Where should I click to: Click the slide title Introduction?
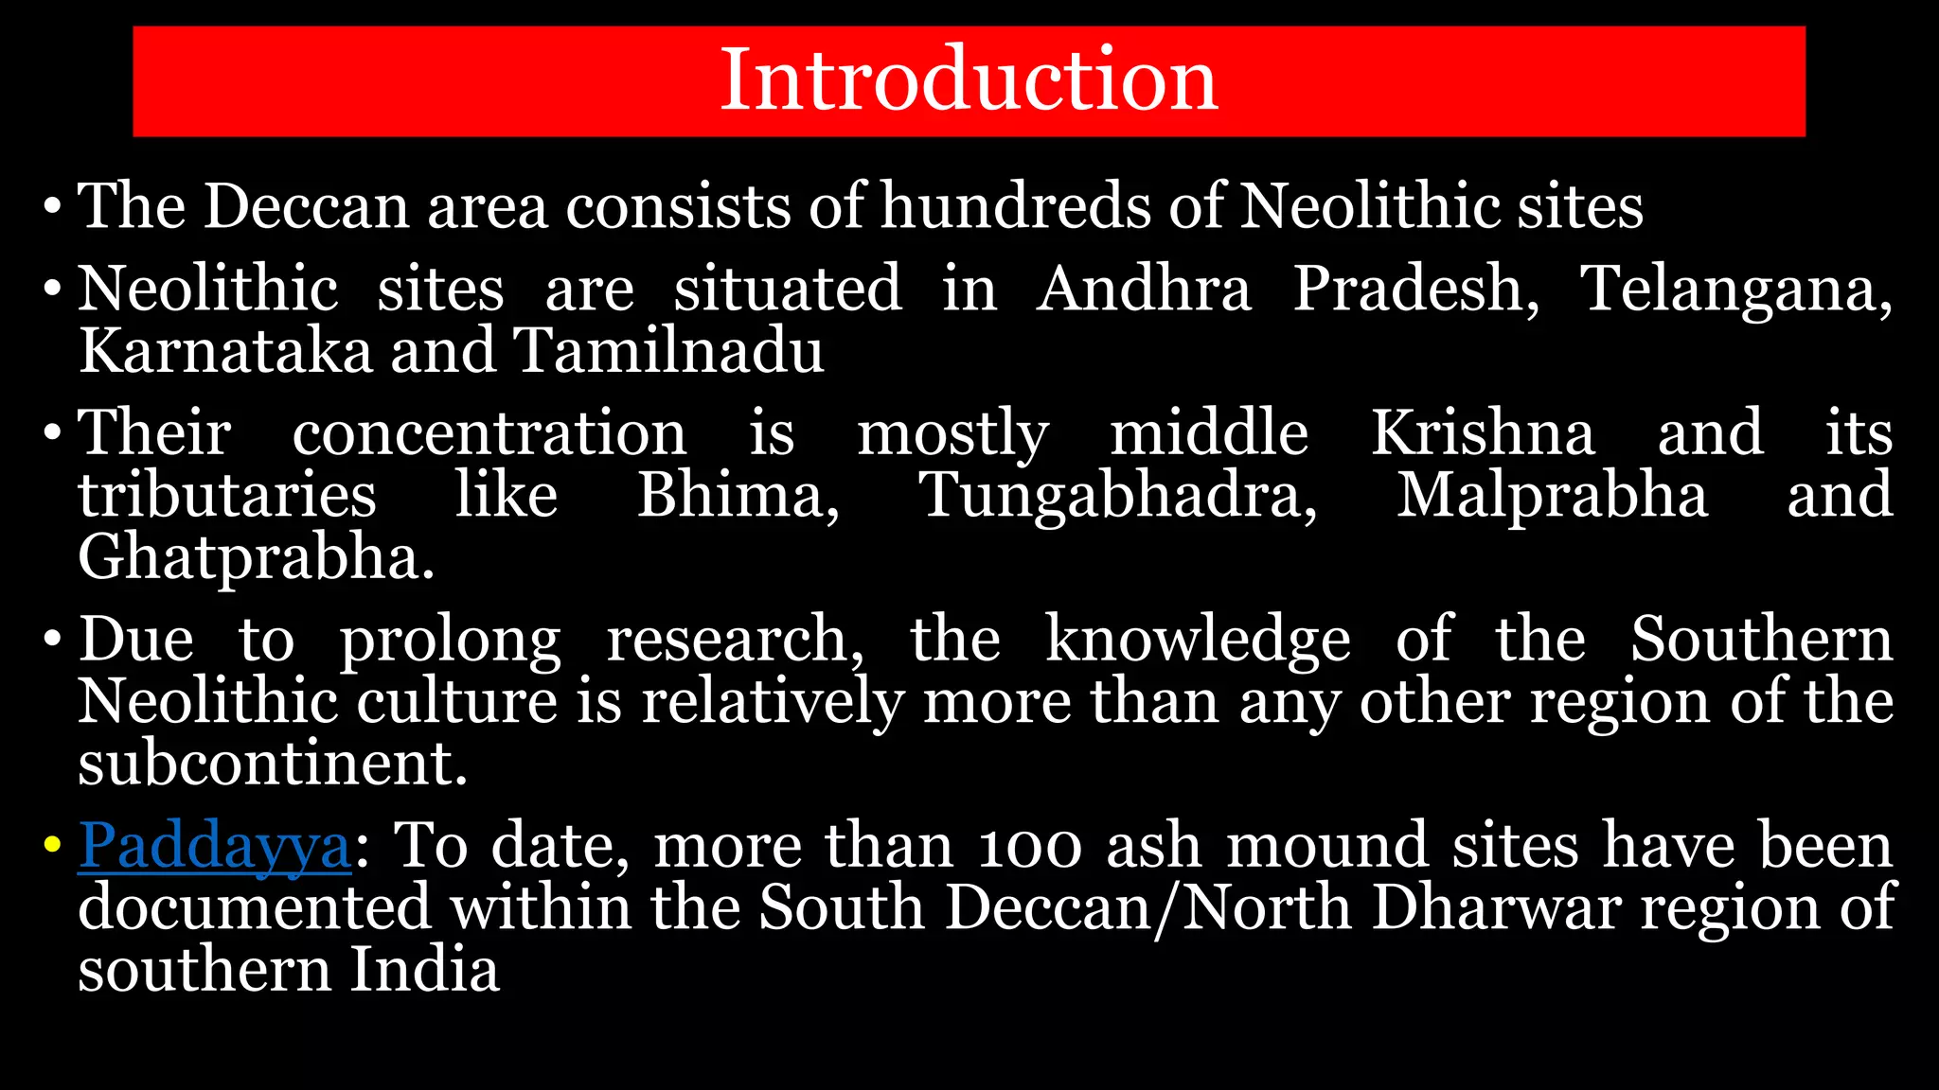tap(969, 79)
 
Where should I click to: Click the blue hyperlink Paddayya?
tap(215, 845)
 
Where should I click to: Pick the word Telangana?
tap(1734, 290)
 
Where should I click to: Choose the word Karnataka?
tap(225, 350)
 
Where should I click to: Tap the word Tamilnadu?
tap(668, 350)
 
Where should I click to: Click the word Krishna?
tap(1483, 432)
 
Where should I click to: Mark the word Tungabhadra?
tap(1118, 497)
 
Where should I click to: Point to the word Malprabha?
tap(1553, 497)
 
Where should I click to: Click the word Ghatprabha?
tap(256, 558)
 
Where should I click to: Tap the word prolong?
tap(451, 641)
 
